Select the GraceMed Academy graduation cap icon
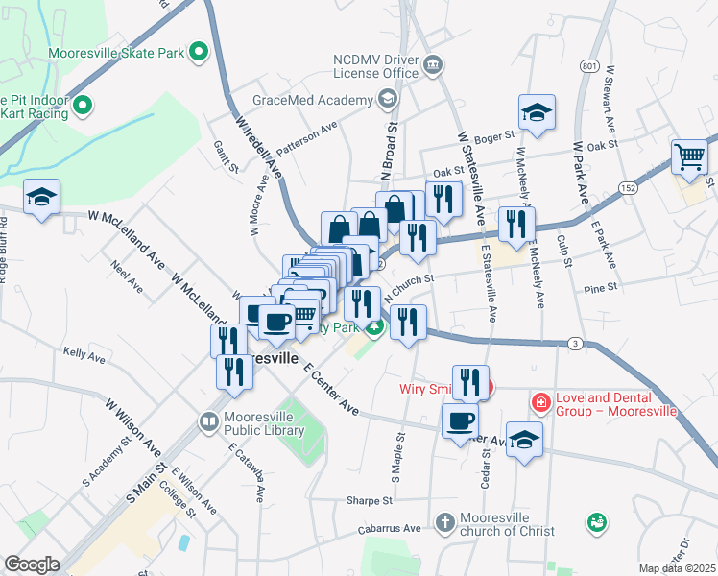(387, 98)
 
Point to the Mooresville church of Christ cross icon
(443, 523)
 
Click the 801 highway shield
(588, 65)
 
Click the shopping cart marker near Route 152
(690, 157)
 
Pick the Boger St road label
(495, 138)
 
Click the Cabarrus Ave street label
(388, 528)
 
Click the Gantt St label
(227, 156)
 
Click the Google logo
(32, 564)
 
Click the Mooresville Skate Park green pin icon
(200, 51)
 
